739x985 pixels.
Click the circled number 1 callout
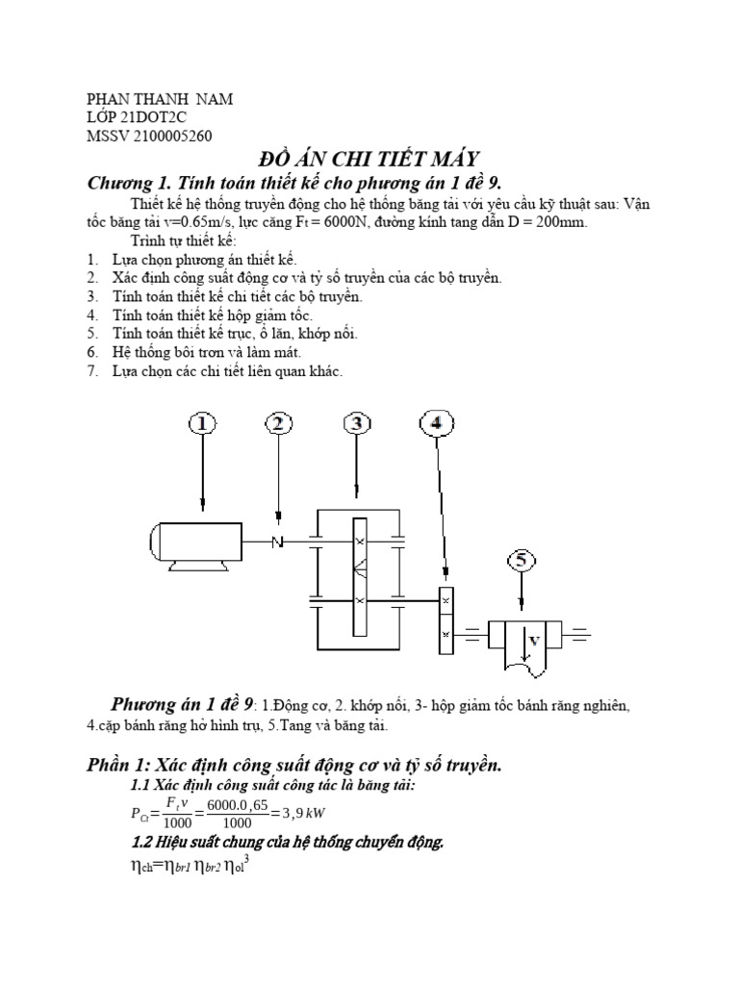click(203, 424)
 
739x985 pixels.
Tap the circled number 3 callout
click(357, 424)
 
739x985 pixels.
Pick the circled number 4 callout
click(437, 424)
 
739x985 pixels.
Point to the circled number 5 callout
click(521, 561)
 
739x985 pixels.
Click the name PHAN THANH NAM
click(160, 99)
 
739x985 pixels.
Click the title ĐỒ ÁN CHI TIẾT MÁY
click(370, 159)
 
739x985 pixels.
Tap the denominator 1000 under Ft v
click(177, 823)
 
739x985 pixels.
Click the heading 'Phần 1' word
click(116, 765)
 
